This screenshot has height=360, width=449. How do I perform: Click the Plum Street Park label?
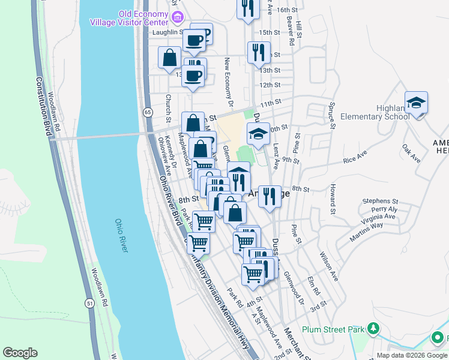(x=333, y=329)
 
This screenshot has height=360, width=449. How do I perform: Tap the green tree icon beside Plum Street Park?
(x=373, y=329)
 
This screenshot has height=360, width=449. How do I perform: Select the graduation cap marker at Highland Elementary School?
(x=416, y=103)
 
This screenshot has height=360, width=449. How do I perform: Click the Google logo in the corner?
(x=20, y=352)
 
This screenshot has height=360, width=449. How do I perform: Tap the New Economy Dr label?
(x=228, y=78)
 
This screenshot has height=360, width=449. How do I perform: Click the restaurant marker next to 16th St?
(x=247, y=10)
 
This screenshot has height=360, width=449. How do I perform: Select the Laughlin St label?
(x=167, y=31)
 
